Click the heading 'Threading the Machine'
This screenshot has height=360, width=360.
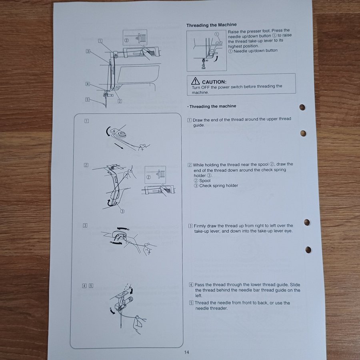[x=211, y=25]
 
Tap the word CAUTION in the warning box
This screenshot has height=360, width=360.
[x=214, y=82]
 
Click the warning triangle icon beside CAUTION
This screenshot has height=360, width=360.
[x=195, y=81]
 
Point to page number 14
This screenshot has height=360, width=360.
[x=186, y=352]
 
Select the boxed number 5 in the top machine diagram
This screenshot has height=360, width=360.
[x=87, y=100]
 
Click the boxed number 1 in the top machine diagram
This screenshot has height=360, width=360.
[x=100, y=41]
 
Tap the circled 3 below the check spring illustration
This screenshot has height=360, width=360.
[x=122, y=211]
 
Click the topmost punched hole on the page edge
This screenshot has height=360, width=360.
[x=302, y=107]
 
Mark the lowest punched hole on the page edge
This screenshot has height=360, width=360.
[x=308, y=250]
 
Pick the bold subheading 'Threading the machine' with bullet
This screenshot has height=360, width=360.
[x=212, y=106]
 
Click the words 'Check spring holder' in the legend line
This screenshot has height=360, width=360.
[x=218, y=186]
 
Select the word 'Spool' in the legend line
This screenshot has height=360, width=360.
[x=205, y=181]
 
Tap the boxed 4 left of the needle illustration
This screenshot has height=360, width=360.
[x=84, y=286]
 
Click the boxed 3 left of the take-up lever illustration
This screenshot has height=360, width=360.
[x=85, y=226]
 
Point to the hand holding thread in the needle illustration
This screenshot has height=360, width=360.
[x=140, y=324]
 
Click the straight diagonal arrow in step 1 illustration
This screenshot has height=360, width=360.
[x=119, y=146]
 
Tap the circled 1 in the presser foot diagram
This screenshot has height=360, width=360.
[x=217, y=34]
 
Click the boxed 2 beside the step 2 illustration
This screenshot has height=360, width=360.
[x=86, y=165]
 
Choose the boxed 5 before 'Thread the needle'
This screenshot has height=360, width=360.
[x=191, y=303]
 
